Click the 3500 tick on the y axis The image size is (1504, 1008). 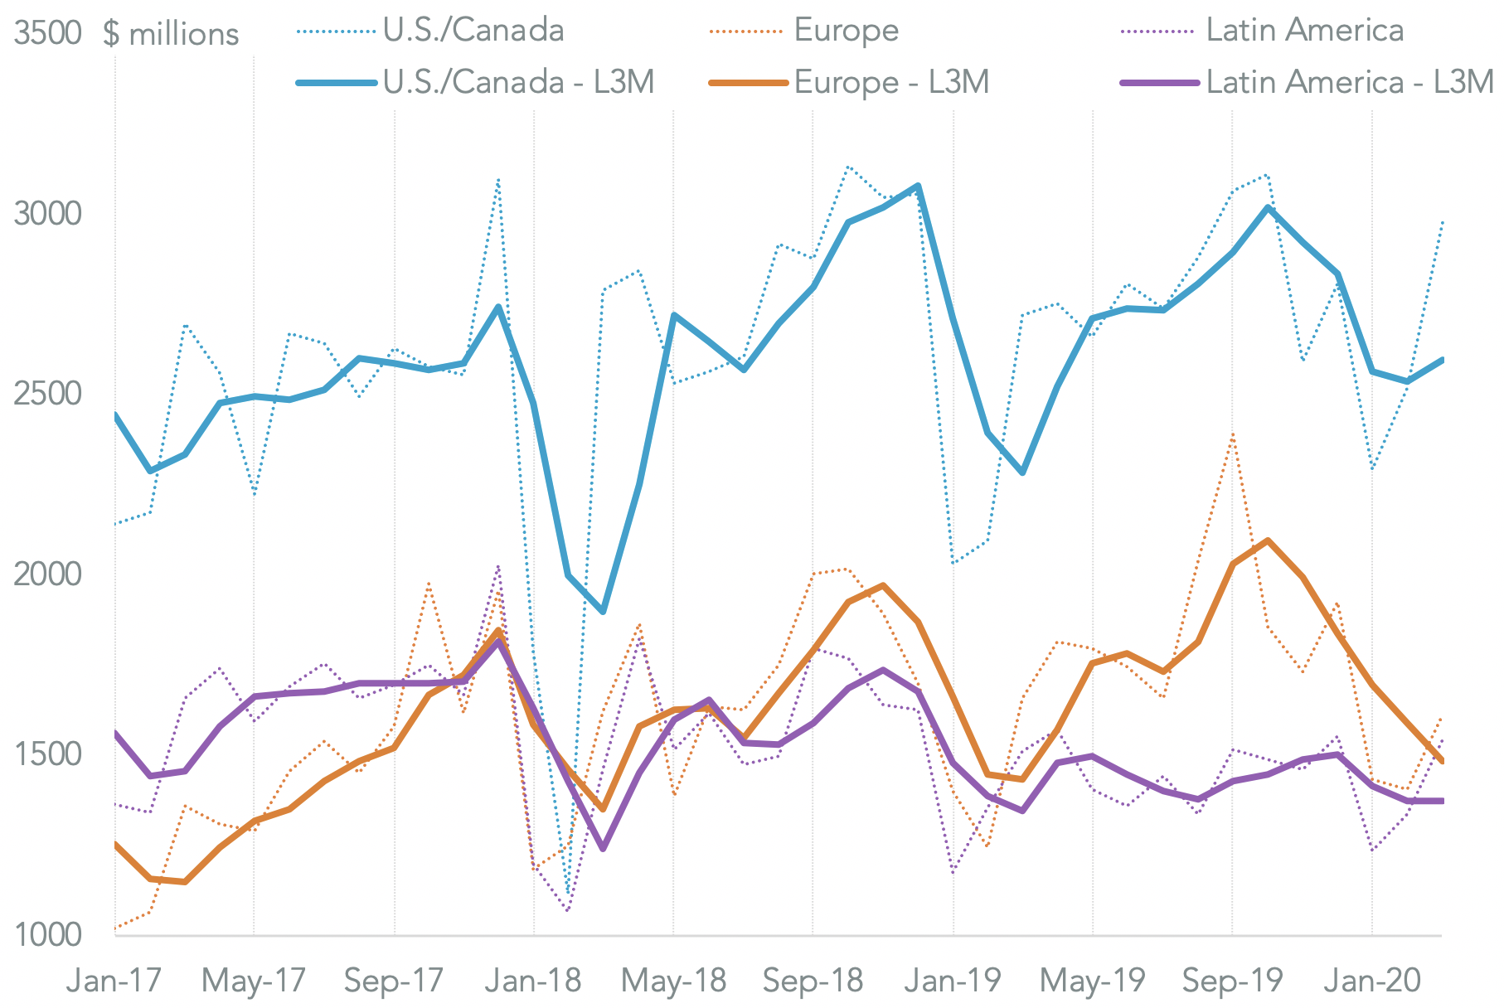point(47,33)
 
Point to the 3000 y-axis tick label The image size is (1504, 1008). point(47,214)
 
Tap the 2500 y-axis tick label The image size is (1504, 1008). point(47,394)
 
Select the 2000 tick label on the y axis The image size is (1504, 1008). point(47,574)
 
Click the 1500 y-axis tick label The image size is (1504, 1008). point(47,754)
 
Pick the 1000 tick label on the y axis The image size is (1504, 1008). point(47,934)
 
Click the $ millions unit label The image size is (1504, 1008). point(171,34)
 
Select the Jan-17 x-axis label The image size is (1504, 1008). point(114,981)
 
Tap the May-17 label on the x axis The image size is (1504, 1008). point(254,981)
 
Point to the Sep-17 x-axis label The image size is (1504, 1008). point(394,981)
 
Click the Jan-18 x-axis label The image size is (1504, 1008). point(533,981)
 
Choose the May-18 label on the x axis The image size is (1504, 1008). point(673,981)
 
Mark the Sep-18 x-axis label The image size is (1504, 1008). point(813,981)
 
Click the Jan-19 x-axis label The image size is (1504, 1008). point(953,981)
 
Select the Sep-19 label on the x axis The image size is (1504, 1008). point(1232,981)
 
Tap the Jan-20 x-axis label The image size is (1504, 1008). point(1371,981)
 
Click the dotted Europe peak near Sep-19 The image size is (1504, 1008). point(1233,434)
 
